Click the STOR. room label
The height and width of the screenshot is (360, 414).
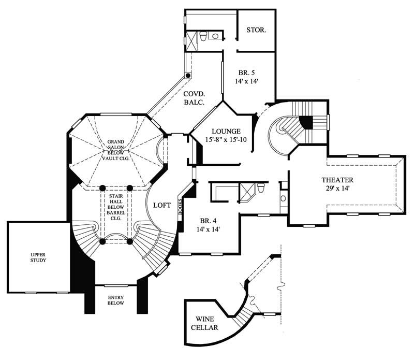tap(256, 31)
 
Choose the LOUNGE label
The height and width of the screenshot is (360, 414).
tap(224, 131)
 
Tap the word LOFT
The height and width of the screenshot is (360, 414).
tap(162, 205)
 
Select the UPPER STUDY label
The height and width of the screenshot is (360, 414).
tap(38, 257)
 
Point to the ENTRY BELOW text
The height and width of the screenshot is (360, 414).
tap(115, 300)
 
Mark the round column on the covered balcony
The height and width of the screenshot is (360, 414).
tap(188, 75)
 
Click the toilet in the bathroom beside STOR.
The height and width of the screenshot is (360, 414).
tap(204, 36)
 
